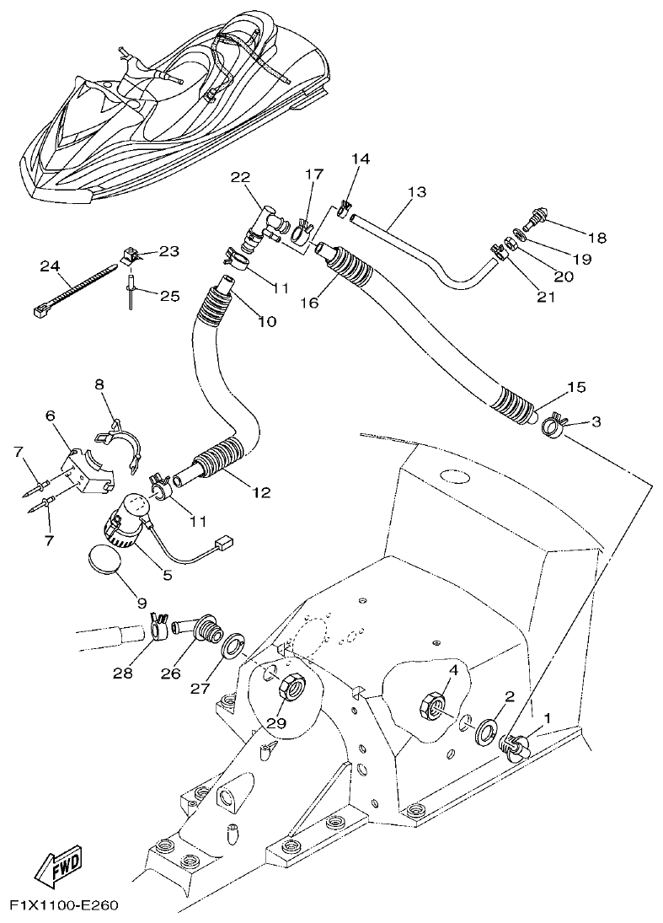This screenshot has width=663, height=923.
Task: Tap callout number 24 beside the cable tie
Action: click(x=50, y=267)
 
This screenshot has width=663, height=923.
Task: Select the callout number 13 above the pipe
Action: click(x=416, y=192)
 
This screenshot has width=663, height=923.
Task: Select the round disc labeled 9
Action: click(x=105, y=561)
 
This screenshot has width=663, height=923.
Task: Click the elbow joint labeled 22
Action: click(x=262, y=223)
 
